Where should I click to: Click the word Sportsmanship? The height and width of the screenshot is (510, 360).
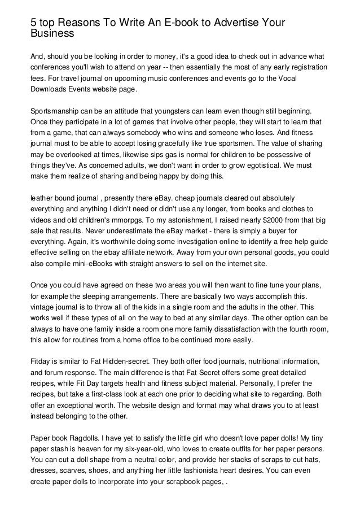(x=58, y=107)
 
